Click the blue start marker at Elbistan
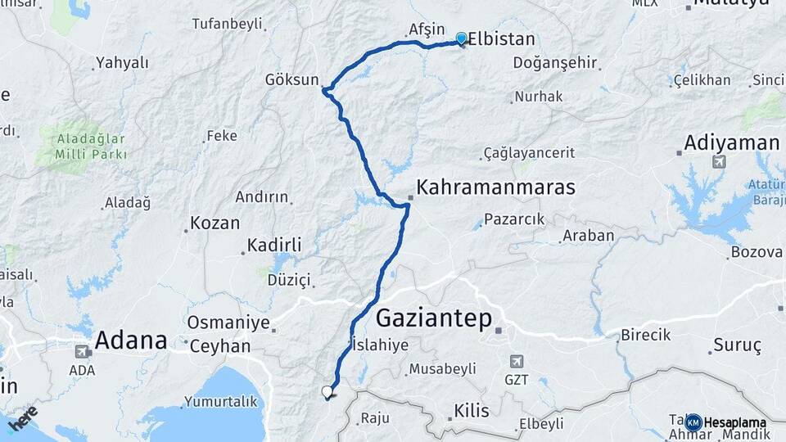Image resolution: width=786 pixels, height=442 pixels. pyautogui.click(x=461, y=38)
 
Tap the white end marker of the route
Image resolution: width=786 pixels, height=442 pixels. pyautogui.click(x=327, y=392)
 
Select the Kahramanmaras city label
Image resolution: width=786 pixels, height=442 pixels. pyautogui.click(x=495, y=187)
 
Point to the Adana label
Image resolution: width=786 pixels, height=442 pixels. pyautogui.click(x=131, y=340)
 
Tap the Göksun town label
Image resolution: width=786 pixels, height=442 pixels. pyautogui.click(x=291, y=79)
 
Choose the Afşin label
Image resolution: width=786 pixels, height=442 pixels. pyautogui.click(x=426, y=29)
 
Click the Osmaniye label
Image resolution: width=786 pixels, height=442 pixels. pyautogui.click(x=228, y=322)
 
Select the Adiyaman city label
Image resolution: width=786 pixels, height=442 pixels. pyautogui.click(x=732, y=143)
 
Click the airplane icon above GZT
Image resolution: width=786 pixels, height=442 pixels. pyautogui.click(x=516, y=361)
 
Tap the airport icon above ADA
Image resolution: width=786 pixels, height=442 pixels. pyautogui.click(x=82, y=353)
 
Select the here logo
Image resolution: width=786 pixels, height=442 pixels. pyautogui.click(x=23, y=417)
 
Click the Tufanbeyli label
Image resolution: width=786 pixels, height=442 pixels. pyautogui.click(x=226, y=24)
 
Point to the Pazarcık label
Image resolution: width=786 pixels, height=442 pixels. pyautogui.click(x=514, y=219)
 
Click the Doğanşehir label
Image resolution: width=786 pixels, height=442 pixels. pyautogui.click(x=554, y=63)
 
